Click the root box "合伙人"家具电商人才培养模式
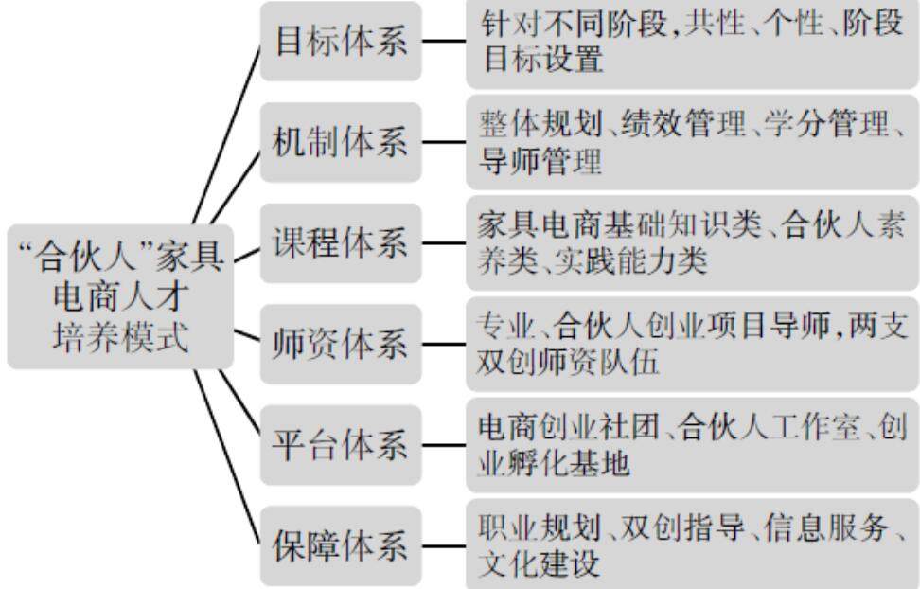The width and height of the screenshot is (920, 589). (120, 295)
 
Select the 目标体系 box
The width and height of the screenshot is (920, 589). (341, 43)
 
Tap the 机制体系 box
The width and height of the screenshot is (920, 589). (341, 143)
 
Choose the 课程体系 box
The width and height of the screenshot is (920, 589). (341, 243)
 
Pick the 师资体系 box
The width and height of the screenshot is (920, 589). (341, 345)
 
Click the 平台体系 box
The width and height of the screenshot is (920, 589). (341, 445)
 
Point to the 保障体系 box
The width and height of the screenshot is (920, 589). (341, 546)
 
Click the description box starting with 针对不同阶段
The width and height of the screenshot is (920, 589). (692, 43)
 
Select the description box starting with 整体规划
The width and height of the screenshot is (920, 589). (692, 143)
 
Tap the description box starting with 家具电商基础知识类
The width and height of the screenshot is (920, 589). (692, 243)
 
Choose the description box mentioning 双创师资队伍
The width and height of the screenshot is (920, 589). (692, 345)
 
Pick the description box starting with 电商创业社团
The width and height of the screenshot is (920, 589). (692, 445)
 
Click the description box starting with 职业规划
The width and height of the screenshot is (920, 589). (692, 546)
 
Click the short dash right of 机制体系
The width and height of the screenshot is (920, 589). (443, 144)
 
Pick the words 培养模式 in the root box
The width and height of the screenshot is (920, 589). (120, 336)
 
